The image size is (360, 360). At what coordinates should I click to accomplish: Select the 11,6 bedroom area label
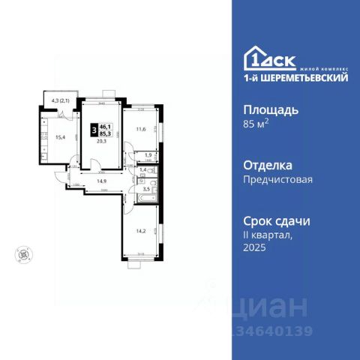pyautogui.click(x=141, y=129)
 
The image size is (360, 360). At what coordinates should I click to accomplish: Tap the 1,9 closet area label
pyautogui.click(x=148, y=155)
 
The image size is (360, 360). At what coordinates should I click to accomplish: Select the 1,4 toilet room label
pyautogui.click(x=143, y=171)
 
